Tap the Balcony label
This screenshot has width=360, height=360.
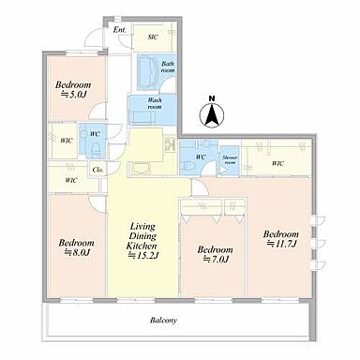pyautogui.click(x=163, y=321)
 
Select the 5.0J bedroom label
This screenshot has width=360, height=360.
pyautogui.click(x=73, y=89)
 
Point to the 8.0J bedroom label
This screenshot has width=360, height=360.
pyautogui.click(x=76, y=247)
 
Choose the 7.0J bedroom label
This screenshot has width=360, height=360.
pyautogui.click(x=215, y=254)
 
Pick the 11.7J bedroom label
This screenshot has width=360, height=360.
pyautogui.click(x=281, y=239)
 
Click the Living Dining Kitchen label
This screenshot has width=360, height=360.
pyautogui.click(x=142, y=241)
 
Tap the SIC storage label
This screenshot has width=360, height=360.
pyautogui.click(x=153, y=37)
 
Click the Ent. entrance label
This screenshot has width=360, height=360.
pyautogui.click(x=120, y=30)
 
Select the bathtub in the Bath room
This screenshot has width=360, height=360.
pyautogui.click(x=148, y=73)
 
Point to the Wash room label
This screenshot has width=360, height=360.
pyautogui.click(x=155, y=103)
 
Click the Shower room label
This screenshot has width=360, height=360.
pyautogui.click(x=230, y=160)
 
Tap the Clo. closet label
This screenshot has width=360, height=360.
pyautogui.click(x=97, y=170)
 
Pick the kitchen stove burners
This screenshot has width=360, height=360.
pyautogui.click(x=171, y=144)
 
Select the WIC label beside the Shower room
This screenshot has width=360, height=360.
pyautogui.click(x=277, y=163)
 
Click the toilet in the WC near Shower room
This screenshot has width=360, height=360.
pyautogui.click(x=187, y=166)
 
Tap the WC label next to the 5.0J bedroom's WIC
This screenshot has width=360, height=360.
pyautogui.click(x=95, y=134)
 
